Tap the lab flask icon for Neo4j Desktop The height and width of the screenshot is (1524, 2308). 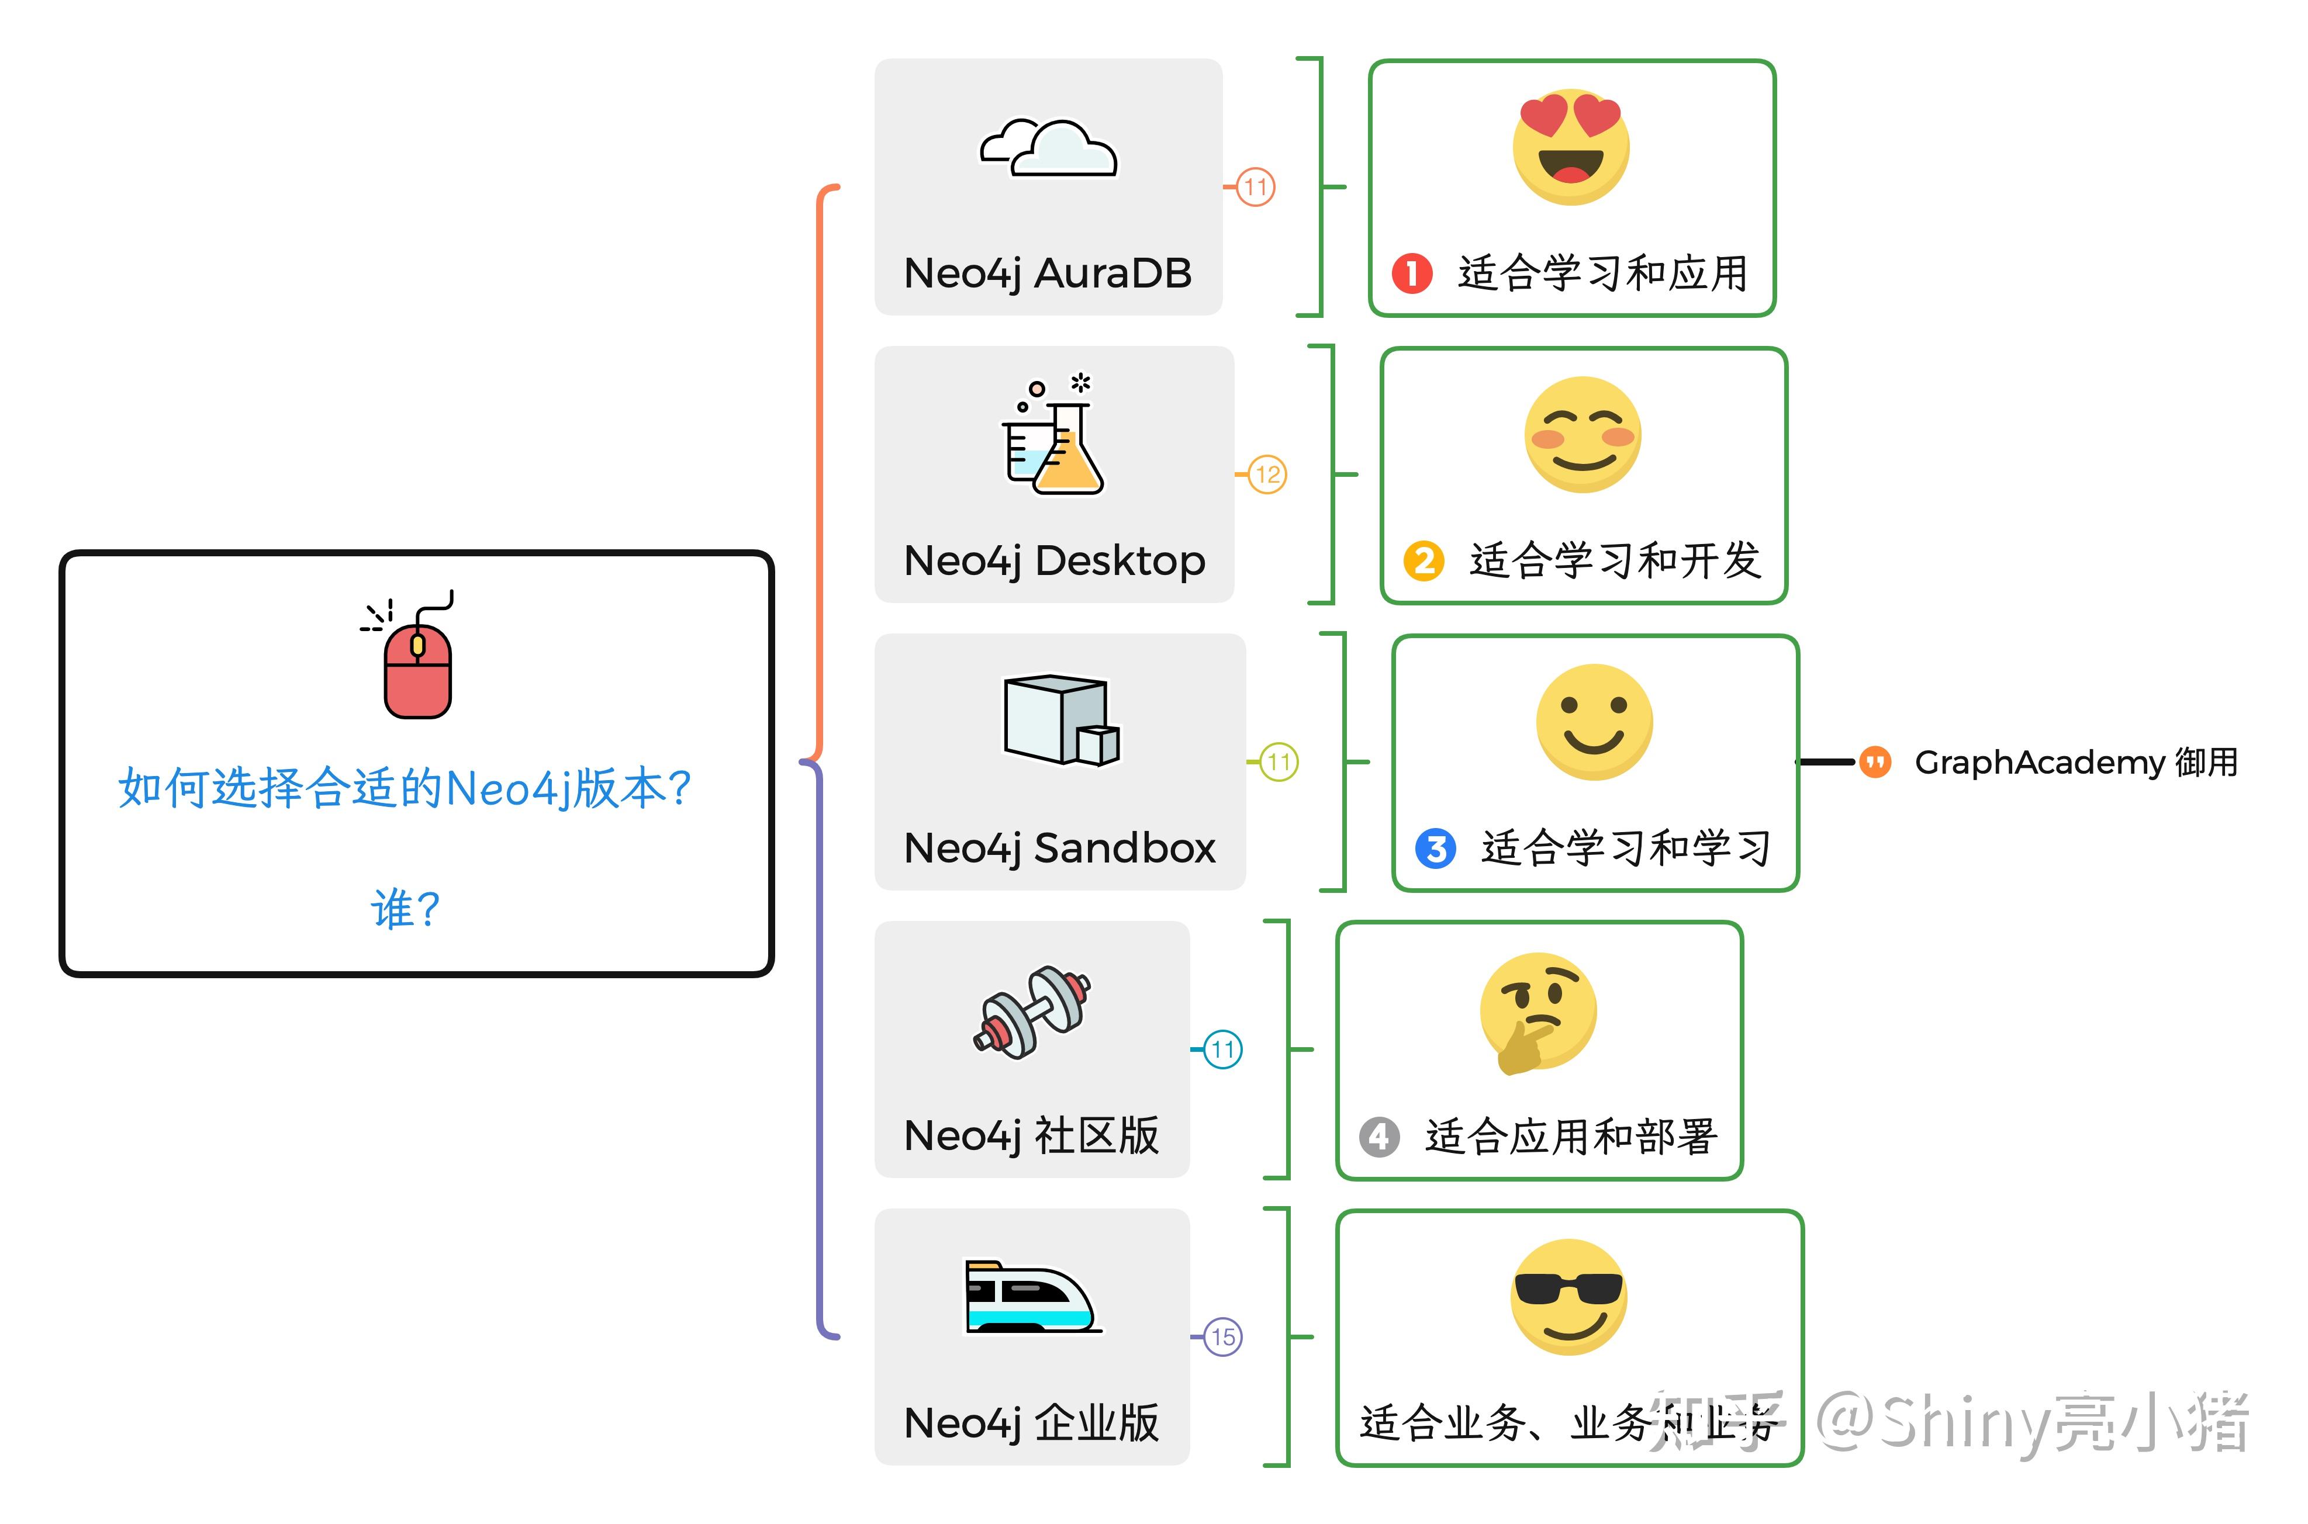1053,437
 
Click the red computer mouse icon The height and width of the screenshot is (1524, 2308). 418,666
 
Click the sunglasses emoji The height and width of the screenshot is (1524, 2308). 1568,1297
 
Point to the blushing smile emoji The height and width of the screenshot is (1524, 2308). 1582,434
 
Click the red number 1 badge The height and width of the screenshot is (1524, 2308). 1412,273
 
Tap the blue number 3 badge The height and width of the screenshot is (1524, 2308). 1435,848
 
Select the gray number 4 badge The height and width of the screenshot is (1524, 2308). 1378,1136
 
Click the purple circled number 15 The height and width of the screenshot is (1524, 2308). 1222,1338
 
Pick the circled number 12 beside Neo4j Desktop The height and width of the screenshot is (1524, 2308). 1267,474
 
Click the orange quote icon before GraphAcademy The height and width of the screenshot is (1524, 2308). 1874,762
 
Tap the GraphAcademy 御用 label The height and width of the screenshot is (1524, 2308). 2076,762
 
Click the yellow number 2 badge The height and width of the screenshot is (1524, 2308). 1424,561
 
